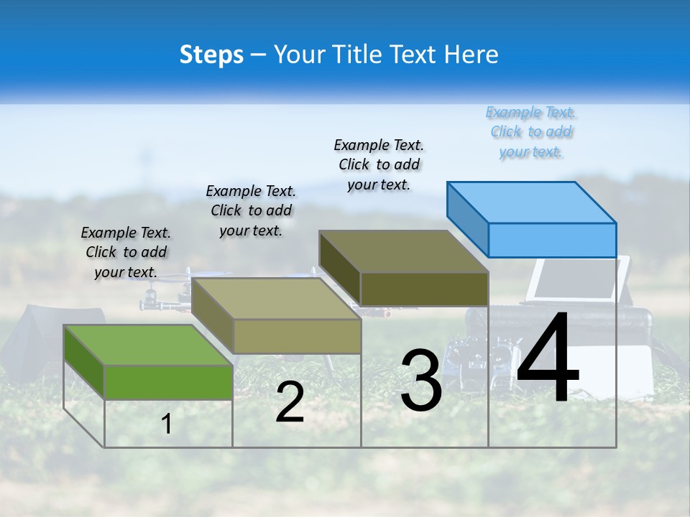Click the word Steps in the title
(x=211, y=55)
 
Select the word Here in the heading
(x=471, y=55)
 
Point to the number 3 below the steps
(x=421, y=380)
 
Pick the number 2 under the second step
(x=290, y=402)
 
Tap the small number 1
(x=167, y=424)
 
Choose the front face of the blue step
(x=552, y=240)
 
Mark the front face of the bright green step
(x=168, y=382)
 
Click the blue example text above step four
(x=531, y=132)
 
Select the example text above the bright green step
(x=126, y=252)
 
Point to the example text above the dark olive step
(x=379, y=164)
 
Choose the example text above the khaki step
(x=251, y=210)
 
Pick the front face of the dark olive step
(x=424, y=289)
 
